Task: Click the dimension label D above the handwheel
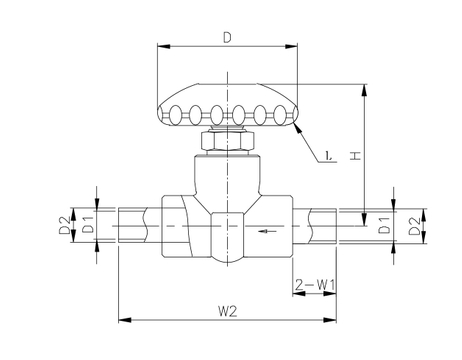pyautogui.click(x=227, y=37)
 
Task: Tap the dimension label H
pyautogui.click(x=356, y=155)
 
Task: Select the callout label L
pyautogui.click(x=328, y=156)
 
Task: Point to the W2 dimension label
pyautogui.click(x=228, y=311)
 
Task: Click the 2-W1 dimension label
pyautogui.click(x=315, y=285)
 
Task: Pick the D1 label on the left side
pyautogui.click(x=89, y=224)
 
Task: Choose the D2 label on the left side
pyautogui.click(x=65, y=225)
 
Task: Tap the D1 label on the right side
pyautogui.click(x=385, y=225)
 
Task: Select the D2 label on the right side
pyautogui.click(x=414, y=226)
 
